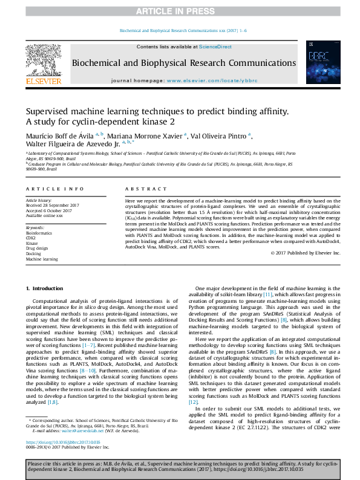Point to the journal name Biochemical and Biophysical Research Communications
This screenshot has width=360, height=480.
pyautogui.click(x=184, y=63)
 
